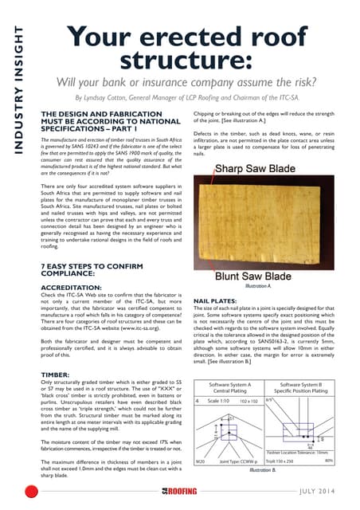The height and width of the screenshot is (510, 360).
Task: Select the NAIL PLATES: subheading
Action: (x=216, y=301)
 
